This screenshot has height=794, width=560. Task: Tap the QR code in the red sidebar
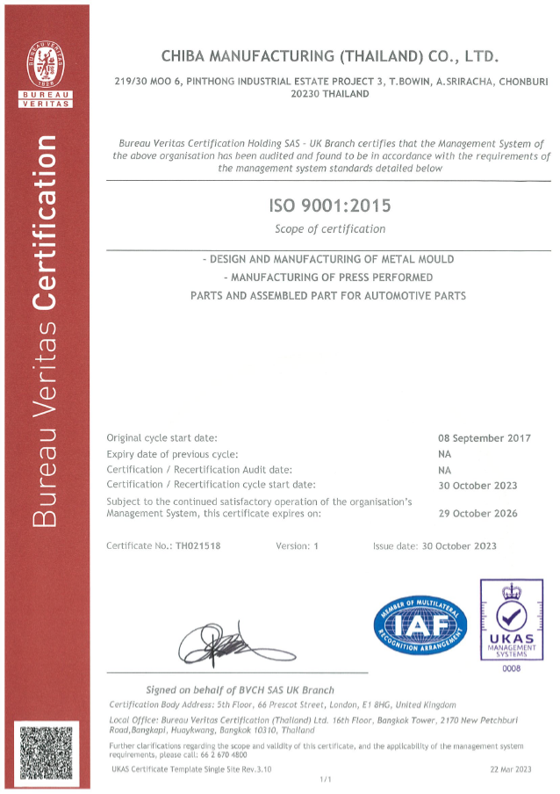coord(45,752)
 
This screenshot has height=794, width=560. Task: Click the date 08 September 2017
coord(484,437)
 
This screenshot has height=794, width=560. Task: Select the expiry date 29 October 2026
coord(477,513)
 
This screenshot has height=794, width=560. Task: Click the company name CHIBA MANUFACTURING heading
coord(330,56)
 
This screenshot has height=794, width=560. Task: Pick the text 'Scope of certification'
coord(330,229)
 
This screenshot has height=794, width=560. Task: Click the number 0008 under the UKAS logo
coord(511,669)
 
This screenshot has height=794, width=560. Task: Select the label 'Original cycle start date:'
coord(162,437)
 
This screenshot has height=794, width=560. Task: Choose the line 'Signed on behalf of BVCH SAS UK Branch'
coord(240,689)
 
